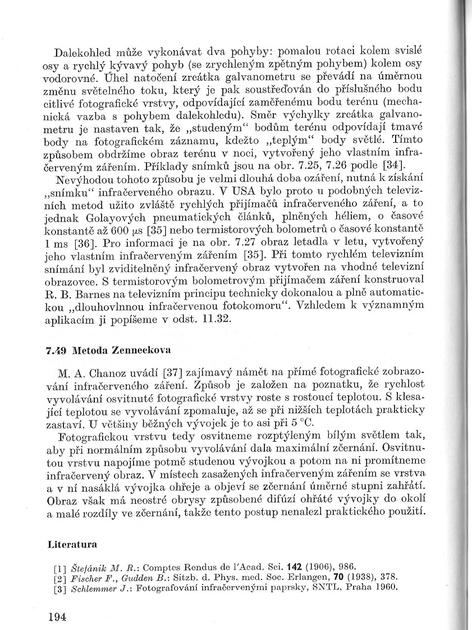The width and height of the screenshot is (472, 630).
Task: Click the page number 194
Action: click(x=57, y=617)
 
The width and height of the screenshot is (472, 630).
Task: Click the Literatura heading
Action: click(x=72, y=544)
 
